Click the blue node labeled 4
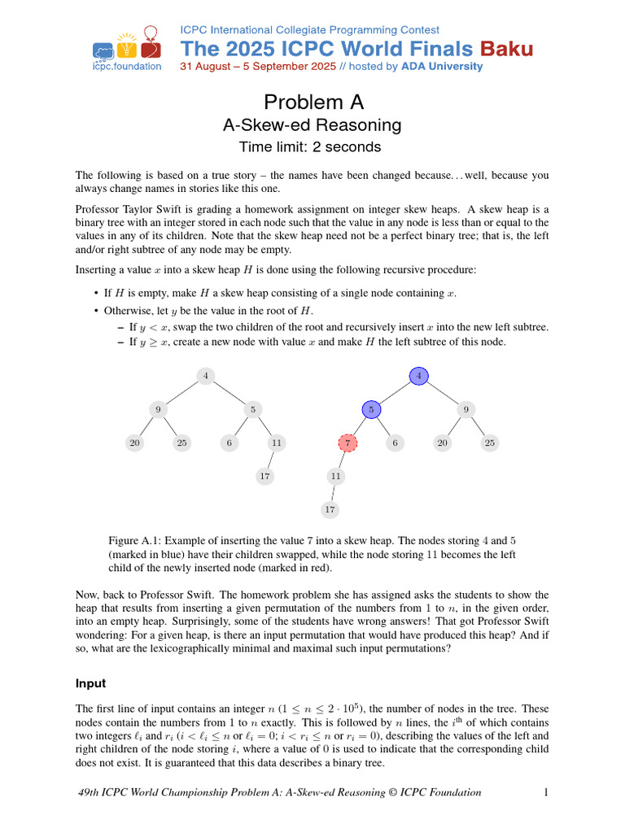pyautogui.click(x=418, y=376)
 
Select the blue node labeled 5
pyautogui.click(x=371, y=409)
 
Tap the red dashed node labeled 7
pyautogui.click(x=347, y=443)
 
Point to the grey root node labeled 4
pyautogui.click(x=206, y=376)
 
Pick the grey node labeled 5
pyautogui.click(x=253, y=409)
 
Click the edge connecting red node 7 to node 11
pyautogui.click(x=342, y=459)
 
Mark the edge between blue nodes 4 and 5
pyautogui.click(x=395, y=392)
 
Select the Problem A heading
pyautogui.click(x=313, y=102)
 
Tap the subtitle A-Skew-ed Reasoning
pyautogui.click(x=312, y=125)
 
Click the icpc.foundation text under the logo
pyautogui.click(x=126, y=66)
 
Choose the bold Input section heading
pyautogui.click(x=90, y=683)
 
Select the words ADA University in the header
pyautogui.click(x=442, y=66)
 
